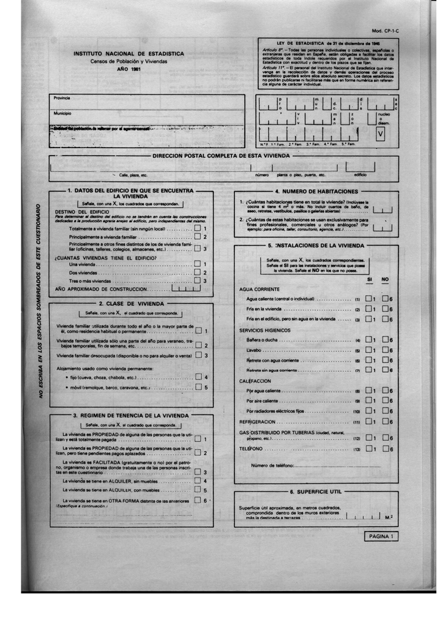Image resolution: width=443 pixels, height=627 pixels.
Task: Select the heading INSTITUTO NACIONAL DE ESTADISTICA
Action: pos(128,54)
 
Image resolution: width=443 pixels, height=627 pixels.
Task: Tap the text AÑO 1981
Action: pos(128,70)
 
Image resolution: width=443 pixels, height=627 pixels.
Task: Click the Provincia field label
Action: pos(62,98)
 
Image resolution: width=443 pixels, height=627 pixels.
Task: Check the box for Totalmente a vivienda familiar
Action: pos(197,228)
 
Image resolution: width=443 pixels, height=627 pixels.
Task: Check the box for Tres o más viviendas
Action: pos(197,280)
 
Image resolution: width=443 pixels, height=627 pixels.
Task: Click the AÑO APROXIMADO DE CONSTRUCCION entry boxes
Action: pos(185,288)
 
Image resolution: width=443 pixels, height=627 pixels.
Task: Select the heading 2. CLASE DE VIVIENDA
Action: pos(131,304)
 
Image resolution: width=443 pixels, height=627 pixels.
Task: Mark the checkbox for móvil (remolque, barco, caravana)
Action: pos(198,387)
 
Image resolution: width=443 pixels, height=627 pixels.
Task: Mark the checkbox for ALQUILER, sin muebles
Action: pos(197,481)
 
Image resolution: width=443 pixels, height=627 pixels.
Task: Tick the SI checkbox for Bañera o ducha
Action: pos(368,339)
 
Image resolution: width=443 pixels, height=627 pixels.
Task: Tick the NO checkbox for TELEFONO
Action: pos(385,448)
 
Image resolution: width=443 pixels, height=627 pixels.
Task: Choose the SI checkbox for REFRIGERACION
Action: pos(368,421)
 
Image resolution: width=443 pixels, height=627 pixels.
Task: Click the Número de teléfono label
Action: pos(273,466)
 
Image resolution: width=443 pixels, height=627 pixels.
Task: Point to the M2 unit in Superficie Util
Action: pos(389,517)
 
